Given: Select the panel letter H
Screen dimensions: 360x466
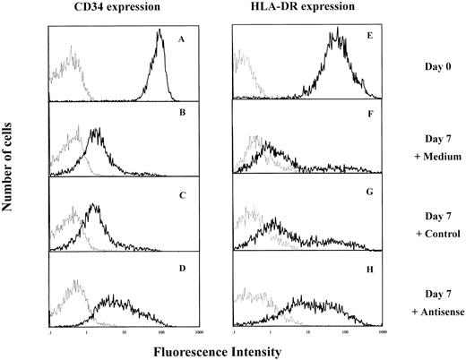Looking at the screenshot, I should click(x=373, y=270).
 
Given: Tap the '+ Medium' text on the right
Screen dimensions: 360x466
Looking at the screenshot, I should click(x=430, y=148).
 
